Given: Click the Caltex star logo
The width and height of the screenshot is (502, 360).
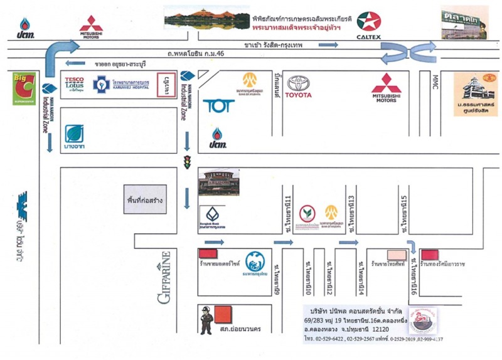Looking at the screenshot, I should (x=369, y=22).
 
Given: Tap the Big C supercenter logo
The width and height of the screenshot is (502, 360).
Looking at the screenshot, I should (x=24, y=89).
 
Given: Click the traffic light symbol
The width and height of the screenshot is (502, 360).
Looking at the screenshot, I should (x=186, y=161).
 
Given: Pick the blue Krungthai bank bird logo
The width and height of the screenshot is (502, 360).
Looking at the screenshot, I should (x=255, y=262).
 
